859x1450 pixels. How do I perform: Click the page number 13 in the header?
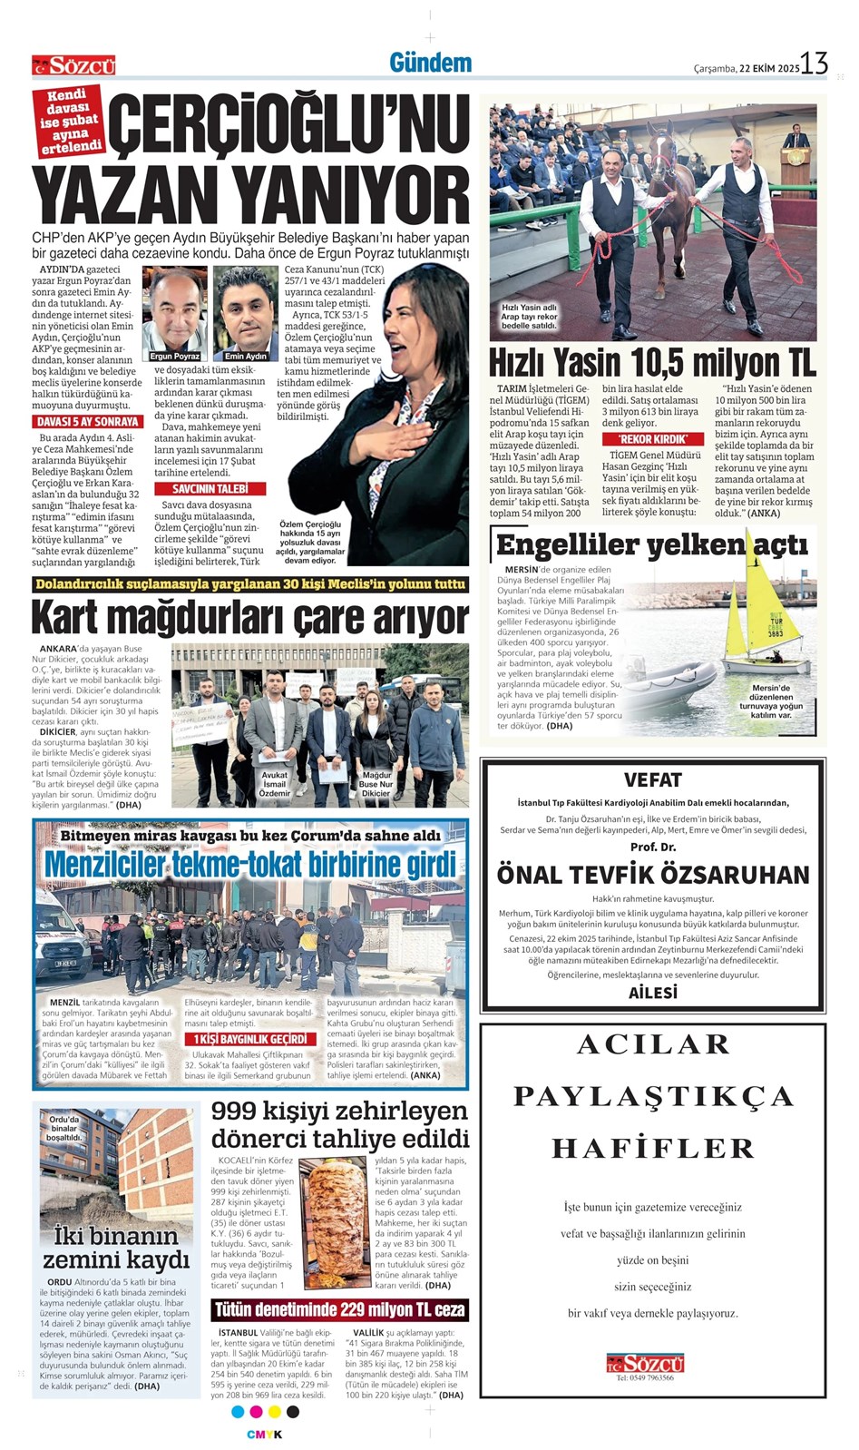814,64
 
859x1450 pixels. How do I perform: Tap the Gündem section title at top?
430,63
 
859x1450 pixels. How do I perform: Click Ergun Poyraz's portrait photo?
174,311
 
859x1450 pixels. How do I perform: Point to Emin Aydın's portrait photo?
246,311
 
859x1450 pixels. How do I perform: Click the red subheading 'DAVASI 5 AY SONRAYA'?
87,422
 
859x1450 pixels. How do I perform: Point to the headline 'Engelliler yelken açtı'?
651,544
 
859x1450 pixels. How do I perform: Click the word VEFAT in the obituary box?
652,779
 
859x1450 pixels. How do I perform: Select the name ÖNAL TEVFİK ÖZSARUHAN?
652,875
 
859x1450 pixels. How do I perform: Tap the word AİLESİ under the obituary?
652,993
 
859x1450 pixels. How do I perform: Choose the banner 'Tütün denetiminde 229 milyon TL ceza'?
339,1309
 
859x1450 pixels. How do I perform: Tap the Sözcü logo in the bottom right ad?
645,1362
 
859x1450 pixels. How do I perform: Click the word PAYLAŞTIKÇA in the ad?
652,1096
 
